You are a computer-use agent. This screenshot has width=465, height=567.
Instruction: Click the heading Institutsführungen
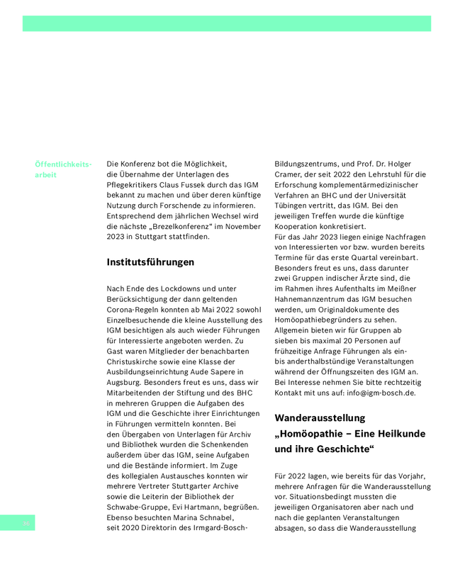click(150, 262)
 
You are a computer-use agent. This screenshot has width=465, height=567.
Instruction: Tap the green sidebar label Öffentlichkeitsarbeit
click(63, 169)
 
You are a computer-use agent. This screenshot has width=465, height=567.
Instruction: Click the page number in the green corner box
click(26, 524)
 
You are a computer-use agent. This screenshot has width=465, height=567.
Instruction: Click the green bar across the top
click(227, 23)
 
